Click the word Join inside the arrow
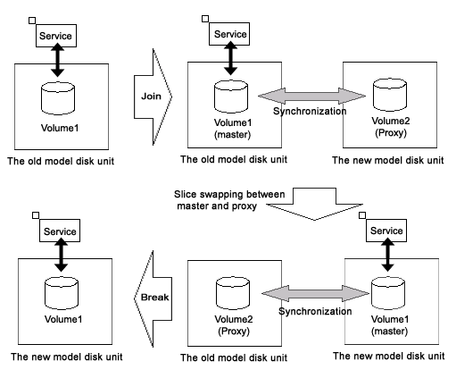(x=151, y=97)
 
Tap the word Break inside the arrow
(x=154, y=298)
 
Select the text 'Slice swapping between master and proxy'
(x=229, y=200)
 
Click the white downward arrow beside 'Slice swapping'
(x=314, y=204)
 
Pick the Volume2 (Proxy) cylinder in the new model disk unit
(x=390, y=95)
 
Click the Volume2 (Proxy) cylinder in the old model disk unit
(x=233, y=293)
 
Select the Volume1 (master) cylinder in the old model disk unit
(x=231, y=97)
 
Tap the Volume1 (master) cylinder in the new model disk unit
(x=388, y=293)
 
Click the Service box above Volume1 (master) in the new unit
(x=386, y=231)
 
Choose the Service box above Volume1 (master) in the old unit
(x=229, y=34)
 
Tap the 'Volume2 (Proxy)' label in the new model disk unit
(x=391, y=127)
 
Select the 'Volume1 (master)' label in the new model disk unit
(x=390, y=325)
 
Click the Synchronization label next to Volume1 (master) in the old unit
(x=310, y=111)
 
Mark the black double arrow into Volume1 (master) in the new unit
(x=387, y=255)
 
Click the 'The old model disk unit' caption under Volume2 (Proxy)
(x=234, y=357)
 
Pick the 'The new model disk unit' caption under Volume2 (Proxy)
(x=388, y=160)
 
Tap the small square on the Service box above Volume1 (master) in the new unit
(x=362, y=215)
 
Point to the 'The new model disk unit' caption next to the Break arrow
(x=67, y=357)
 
